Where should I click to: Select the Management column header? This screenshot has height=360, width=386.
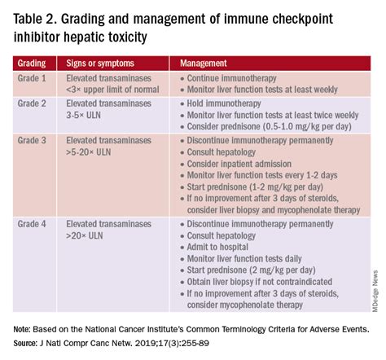click(x=204, y=62)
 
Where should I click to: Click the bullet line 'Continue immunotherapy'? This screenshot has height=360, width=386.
click(x=230, y=79)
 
